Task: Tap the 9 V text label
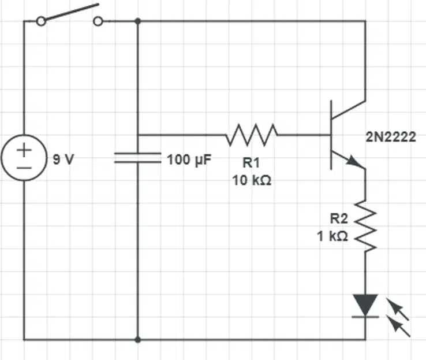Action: click(x=63, y=159)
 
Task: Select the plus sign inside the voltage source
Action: click(x=24, y=150)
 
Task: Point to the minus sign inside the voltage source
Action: click(x=24, y=168)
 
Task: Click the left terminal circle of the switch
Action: click(x=41, y=21)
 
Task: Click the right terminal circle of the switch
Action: click(x=98, y=21)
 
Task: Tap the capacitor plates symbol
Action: click(x=138, y=158)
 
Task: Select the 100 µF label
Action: click(x=189, y=160)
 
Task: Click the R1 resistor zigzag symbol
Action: click(x=252, y=135)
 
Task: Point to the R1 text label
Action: click(x=251, y=163)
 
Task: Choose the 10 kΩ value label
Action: click(x=252, y=180)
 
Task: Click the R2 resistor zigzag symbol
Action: click(x=365, y=226)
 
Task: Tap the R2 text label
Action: click(x=339, y=218)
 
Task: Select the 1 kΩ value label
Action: click(x=332, y=236)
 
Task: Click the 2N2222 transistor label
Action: click(x=391, y=137)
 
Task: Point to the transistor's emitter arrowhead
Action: click(x=354, y=161)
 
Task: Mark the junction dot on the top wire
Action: click(x=138, y=21)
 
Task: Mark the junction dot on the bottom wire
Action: click(x=138, y=339)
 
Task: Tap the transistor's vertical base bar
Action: click(x=331, y=135)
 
